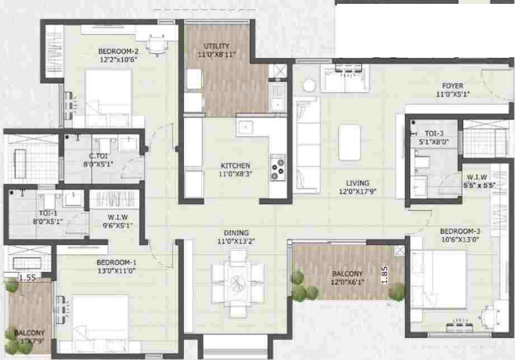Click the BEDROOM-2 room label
[x=118, y=51]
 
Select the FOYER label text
[x=452, y=85]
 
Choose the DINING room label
[x=232, y=233]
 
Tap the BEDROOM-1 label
[x=116, y=262]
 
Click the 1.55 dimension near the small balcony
[x=26, y=278]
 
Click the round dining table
[x=239, y=283]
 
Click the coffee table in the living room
[x=350, y=141]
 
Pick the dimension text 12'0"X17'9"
[x=357, y=191]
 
